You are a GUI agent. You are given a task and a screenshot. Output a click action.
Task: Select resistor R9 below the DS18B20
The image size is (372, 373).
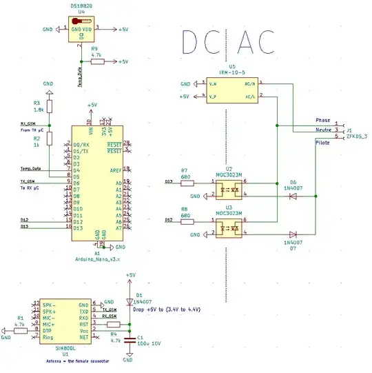point(97,61)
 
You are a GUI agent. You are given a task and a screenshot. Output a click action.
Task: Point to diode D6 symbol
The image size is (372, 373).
point(293,196)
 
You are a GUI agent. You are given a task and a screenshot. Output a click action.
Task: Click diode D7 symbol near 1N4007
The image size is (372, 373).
point(293,234)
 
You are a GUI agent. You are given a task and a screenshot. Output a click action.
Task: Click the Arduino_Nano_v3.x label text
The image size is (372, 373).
point(97,259)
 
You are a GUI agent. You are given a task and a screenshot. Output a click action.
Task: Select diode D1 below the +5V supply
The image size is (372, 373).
point(129,301)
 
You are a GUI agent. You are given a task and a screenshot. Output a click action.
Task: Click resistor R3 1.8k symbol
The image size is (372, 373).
point(49,107)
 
